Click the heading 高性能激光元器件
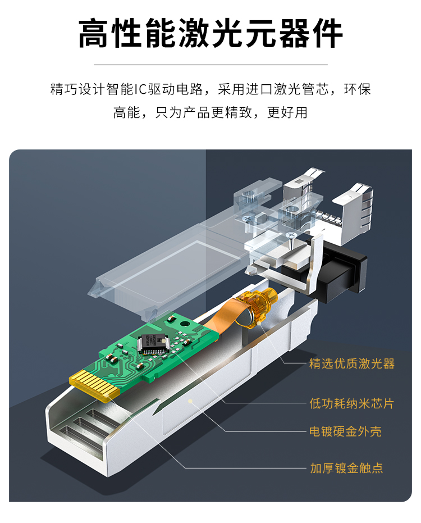210,33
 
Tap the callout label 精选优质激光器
351,363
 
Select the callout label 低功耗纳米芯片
351,403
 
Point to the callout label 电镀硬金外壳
345,431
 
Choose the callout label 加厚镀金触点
346,468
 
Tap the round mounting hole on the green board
184,323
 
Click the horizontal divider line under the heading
210,65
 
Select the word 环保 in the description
358,89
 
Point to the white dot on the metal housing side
190,401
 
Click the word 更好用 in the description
287,112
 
